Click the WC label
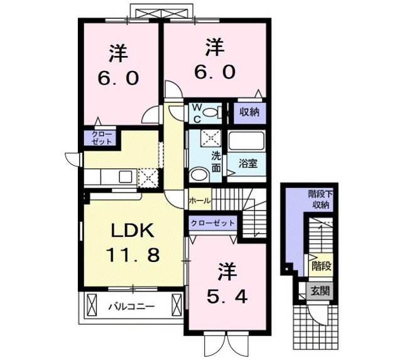point(196,113)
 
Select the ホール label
point(199,200)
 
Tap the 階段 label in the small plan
point(320,266)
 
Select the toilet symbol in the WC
point(217,113)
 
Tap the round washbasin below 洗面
point(198,176)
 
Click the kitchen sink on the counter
point(123,175)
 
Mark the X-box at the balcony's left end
point(90,307)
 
